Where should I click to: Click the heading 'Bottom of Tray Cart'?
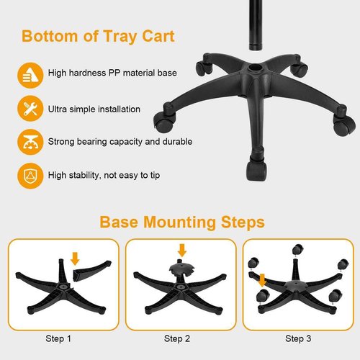pos(98,36)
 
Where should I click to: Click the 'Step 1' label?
pos(58,338)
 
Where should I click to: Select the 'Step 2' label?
pos(178,338)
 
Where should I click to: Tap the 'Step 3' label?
pos(299,338)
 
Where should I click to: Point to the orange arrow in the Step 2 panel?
pos(181,250)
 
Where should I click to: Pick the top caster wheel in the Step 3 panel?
pos(296,249)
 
